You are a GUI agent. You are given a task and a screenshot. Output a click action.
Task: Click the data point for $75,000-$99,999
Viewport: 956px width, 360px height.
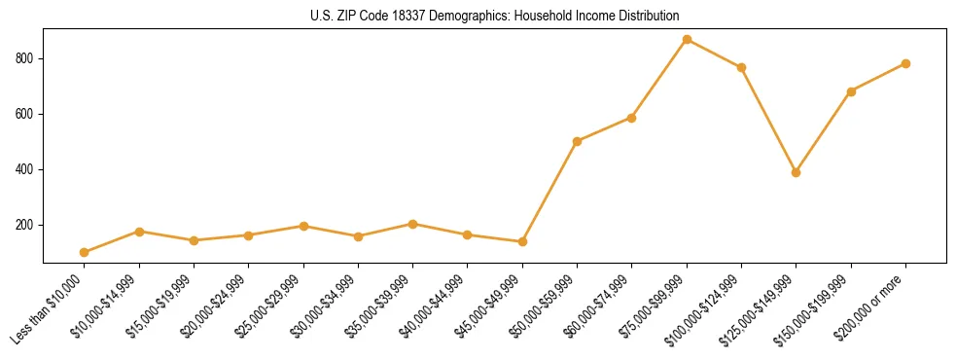pos(687,40)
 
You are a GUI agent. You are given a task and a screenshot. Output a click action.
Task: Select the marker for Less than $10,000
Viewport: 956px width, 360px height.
pos(85,252)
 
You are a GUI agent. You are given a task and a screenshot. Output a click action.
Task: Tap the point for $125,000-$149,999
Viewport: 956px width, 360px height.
pos(796,172)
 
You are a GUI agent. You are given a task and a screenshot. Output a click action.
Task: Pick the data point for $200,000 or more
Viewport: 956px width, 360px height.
pos(905,63)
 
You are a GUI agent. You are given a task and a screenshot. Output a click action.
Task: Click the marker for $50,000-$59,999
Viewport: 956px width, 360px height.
pos(577,141)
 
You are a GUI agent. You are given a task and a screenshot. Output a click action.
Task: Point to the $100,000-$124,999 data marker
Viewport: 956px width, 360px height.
pos(741,67)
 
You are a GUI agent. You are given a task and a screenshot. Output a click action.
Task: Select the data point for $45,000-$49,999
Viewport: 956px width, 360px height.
pos(522,241)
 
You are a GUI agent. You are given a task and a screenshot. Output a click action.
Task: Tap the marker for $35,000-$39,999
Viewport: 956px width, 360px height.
pos(412,224)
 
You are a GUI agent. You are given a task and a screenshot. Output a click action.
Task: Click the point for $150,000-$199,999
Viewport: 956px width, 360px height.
pos(851,91)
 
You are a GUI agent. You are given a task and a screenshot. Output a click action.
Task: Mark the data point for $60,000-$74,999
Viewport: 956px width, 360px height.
pos(631,118)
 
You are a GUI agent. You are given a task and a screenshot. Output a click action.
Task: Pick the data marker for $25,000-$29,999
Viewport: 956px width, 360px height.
pos(303,226)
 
